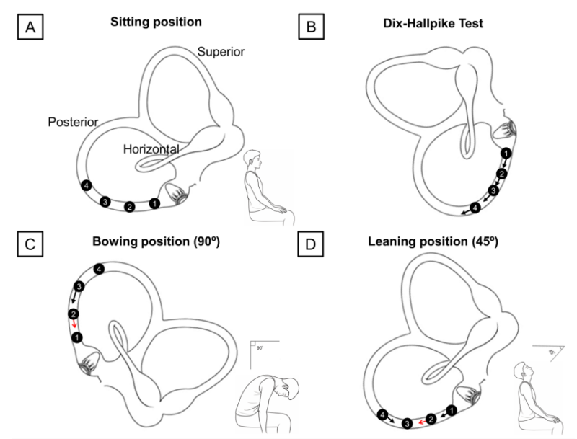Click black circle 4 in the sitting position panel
coord(87,185)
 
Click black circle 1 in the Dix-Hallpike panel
coord(506,154)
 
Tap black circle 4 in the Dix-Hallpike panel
coord(474,208)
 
